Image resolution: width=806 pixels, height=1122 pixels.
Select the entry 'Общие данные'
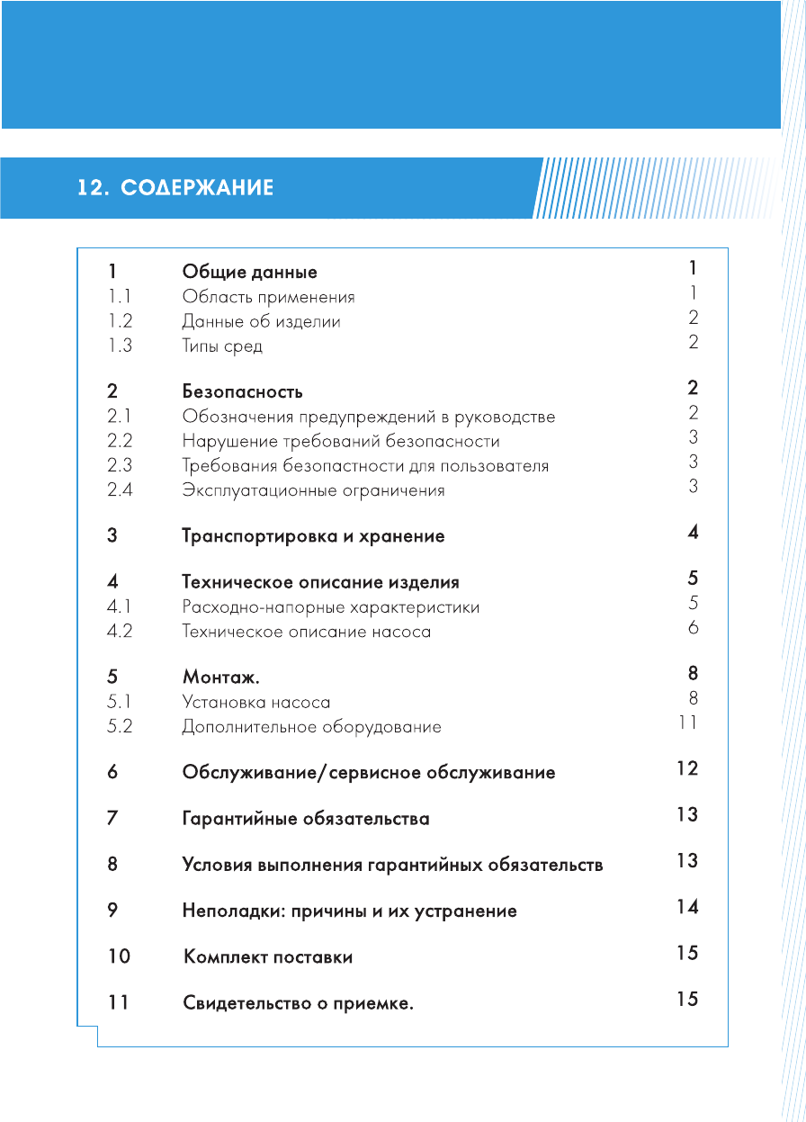[x=249, y=272]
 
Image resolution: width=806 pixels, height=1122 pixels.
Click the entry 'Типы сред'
[x=222, y=346]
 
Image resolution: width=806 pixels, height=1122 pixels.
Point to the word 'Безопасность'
[x=242, y=392]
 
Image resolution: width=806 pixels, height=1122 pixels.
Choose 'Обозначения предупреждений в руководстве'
[x=368, y=417]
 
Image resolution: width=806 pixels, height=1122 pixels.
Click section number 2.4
[x=120, y=490]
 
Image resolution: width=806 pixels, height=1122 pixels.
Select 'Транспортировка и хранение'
[x=313, y=536]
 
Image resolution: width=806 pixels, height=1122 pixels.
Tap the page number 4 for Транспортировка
[x=693, y=533]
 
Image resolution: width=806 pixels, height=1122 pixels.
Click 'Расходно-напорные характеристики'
[x=330, y=607]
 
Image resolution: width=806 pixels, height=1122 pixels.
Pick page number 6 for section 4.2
[x=693, y=628]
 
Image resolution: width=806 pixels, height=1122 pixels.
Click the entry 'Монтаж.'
[x=220, y=678]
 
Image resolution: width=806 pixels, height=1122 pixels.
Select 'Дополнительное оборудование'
[x=311, y=727]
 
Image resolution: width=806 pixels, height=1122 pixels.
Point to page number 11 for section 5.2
[x=688, y=723]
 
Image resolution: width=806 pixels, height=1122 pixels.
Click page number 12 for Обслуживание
[x=687, y=768]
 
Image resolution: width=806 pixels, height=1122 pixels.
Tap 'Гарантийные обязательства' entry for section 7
[x=305, y=819]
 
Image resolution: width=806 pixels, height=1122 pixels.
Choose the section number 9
[x=112, y=911]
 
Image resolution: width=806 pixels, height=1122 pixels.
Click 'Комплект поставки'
[x=268, y=957]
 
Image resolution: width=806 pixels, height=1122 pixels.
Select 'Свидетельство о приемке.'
[x=298, y=1003]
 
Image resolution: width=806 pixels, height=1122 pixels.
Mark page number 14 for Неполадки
[x=687, y=907]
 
